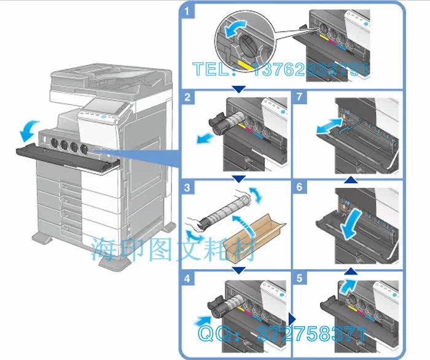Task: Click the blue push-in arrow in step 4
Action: [203, 320]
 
